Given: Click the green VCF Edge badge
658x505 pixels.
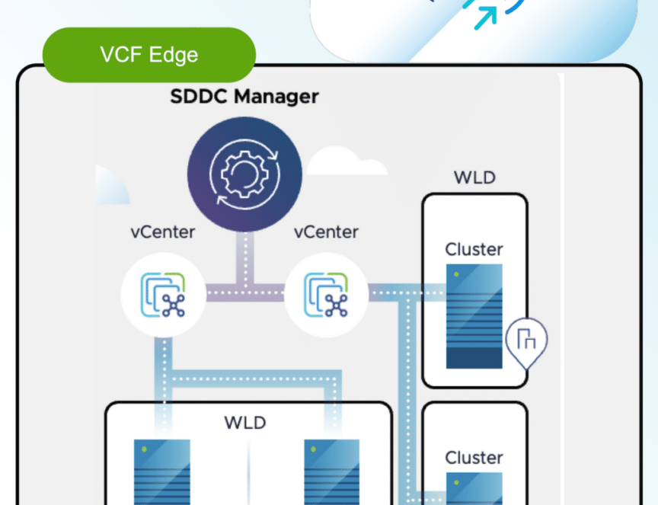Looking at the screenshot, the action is tap(149, 55).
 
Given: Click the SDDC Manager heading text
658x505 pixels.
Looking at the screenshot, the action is tap(244, 96).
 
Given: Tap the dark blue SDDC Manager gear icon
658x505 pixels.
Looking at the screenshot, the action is tap(244, 174).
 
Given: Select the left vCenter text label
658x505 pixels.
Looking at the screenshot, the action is tap(163, 232).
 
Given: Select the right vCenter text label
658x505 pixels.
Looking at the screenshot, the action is tap(326, 232).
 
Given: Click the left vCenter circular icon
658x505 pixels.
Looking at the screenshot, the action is tap(163, 295).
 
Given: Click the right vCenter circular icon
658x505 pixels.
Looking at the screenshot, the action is tap(327, 295).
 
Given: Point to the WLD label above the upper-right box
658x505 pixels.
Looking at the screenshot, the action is tap(474, 177).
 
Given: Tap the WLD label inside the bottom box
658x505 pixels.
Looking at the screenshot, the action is tap(245, 423).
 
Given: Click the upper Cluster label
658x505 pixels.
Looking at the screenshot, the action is tap(474, 249).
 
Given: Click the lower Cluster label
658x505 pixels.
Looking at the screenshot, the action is tap(474, 458).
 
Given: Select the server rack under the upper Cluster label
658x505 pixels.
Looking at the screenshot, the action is tap(474, 316).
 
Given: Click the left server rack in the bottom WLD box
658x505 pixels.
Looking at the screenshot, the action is tap(162, 471).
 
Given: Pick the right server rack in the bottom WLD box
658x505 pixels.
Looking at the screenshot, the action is tap(331, 471).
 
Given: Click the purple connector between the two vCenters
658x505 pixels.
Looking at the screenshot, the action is tap(245, 292).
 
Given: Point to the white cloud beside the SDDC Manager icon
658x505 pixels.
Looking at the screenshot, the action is tap(347, 161).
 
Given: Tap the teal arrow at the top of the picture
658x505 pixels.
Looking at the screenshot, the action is tap(486, 18).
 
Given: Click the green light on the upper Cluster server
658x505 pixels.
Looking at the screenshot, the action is tap(456, 274).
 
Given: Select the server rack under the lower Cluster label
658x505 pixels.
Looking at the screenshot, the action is tap(474, 489).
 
